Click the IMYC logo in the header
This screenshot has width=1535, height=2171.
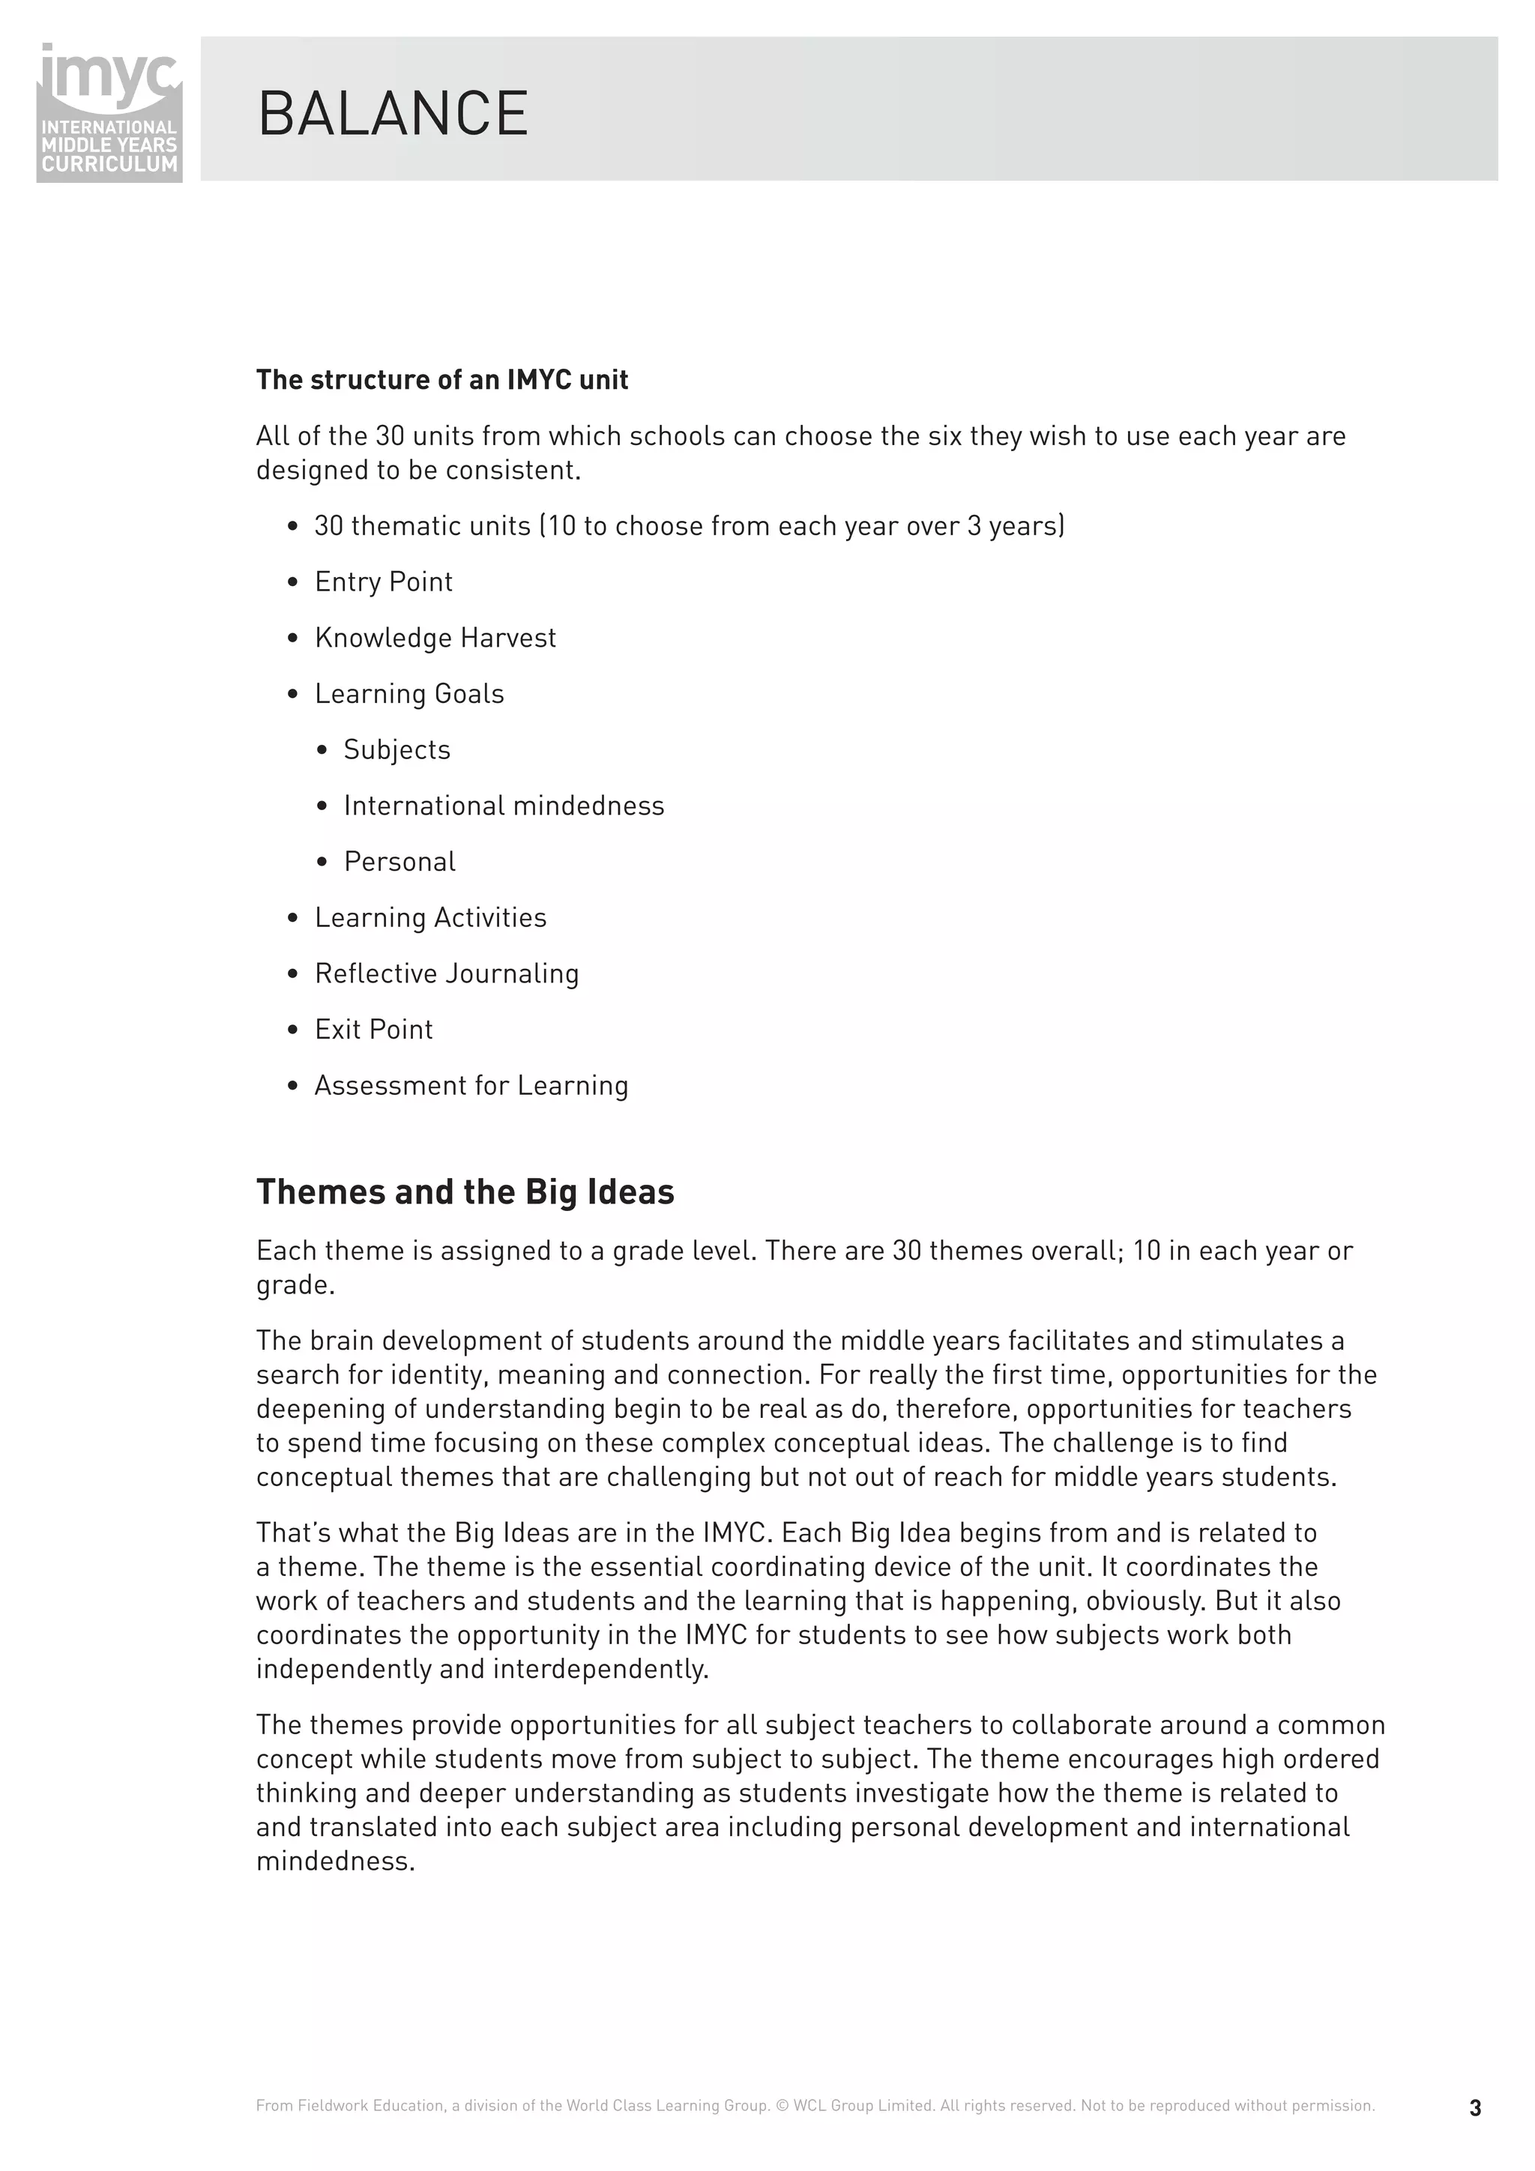pos(109,111)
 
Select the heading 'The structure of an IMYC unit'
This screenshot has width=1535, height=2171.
pos(441,380)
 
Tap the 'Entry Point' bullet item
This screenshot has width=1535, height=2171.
pos(383,582)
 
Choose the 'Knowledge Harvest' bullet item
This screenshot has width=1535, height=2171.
pos(435,638)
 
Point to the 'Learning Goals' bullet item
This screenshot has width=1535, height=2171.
pos(408,694)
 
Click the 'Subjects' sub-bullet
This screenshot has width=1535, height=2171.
pos(396,750)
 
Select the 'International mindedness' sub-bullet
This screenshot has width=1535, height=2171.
pos(503,806)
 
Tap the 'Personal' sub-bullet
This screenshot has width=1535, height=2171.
pos(399,861)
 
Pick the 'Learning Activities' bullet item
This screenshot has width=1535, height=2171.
pos(430,917)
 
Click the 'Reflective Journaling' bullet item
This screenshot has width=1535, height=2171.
pos(447,974)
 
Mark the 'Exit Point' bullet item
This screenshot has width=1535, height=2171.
pos(373,1030)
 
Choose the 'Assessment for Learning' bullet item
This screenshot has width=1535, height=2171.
pos(471,1085)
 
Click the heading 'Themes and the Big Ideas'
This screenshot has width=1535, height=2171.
pos(465,1192)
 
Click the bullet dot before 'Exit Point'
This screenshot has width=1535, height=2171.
pos(293,1030)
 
